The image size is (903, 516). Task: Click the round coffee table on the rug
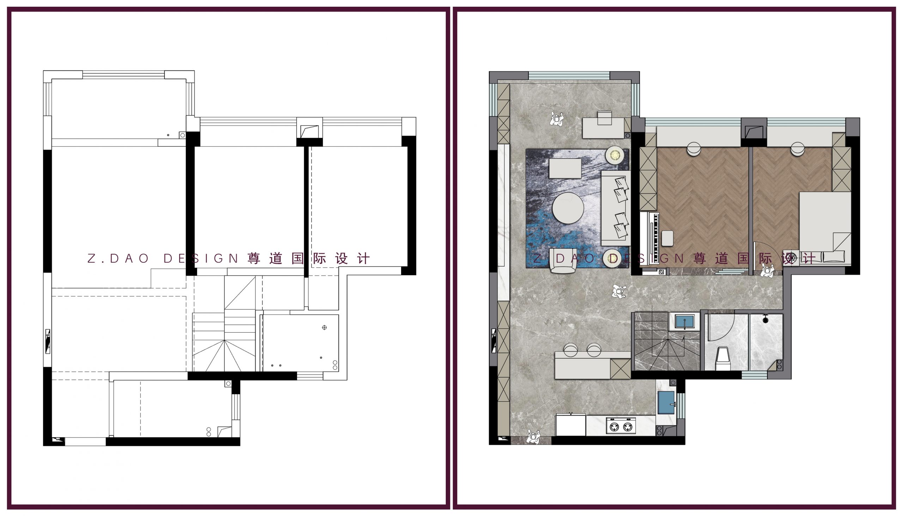pos(568,208)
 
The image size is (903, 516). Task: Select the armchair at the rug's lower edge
pos(563,261)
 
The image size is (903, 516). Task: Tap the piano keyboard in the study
pos(656,238)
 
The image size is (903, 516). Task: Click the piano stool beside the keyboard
pos(667,238)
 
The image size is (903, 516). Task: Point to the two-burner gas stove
pos(621,426)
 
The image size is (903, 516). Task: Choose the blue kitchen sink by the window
pos(666,402)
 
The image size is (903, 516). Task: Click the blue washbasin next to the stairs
pos(684,322)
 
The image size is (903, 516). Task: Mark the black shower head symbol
pos(765,320)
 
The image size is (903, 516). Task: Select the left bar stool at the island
pos(571,350)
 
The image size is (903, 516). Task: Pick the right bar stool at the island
pos(594,350)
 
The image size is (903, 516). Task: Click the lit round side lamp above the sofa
pos(615,155)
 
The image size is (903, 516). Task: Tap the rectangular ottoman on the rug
pos(565,168)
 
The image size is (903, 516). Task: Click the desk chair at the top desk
pos(604,119)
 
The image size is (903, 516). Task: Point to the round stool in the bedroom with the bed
pos(798,148)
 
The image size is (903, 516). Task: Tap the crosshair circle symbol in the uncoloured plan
pos(324,327)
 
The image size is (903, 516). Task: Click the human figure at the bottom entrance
pos(533,437)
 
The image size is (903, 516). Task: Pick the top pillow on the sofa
pos(621,183)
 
